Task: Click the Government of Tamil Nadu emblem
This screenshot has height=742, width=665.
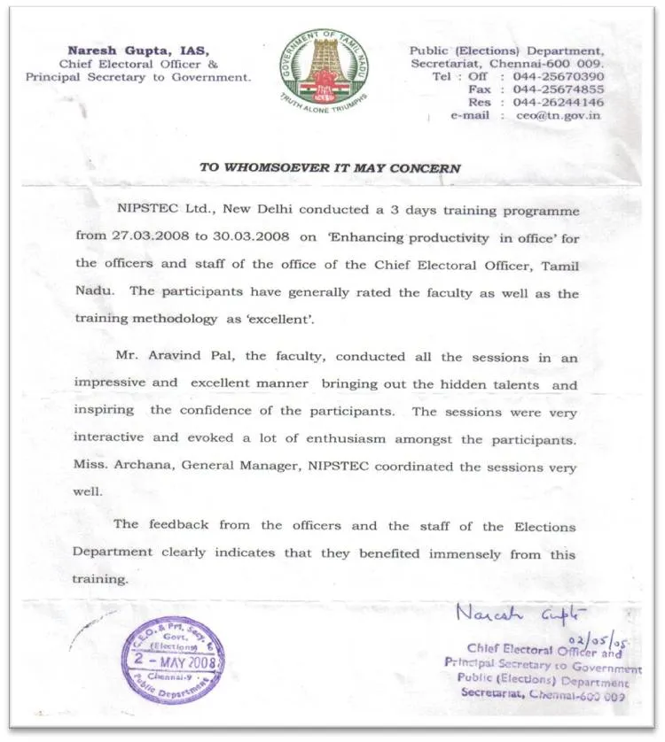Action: click(325, 68)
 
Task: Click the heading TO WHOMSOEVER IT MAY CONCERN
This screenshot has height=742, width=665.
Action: click(330, 167)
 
